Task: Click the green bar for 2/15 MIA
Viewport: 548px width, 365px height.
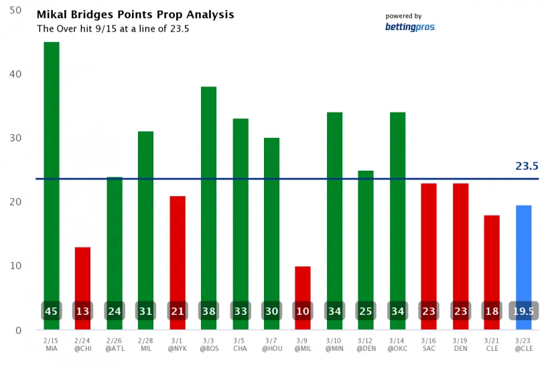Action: (x=52, y=167)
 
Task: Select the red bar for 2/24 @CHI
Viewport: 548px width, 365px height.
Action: (x=82, y=275)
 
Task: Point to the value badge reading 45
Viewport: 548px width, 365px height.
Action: (x=52, y=311)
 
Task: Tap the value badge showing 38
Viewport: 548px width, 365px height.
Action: (x=208, y=311)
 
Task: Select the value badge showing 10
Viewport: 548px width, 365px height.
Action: (x=303, y=311)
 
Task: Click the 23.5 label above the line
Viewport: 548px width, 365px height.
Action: (x=527, y=166)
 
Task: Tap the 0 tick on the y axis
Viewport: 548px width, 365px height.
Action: (x=19, y=330)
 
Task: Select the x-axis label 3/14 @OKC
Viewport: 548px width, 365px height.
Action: (x=397, y=344)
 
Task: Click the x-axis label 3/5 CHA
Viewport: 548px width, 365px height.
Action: (x=240, y=344)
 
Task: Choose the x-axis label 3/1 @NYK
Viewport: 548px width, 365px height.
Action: (x=177, y=344)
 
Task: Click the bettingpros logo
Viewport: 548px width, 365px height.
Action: (x=410, y=27)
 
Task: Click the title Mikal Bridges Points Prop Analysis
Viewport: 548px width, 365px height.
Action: (x=135, y=15)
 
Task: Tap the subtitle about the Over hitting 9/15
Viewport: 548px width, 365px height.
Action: (x=113, y=29)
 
